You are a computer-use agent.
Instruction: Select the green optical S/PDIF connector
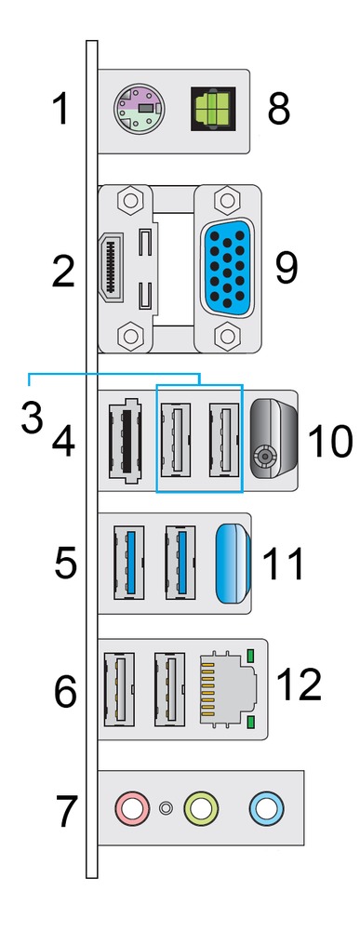point(213,110)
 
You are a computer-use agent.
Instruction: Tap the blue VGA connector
point(227,268)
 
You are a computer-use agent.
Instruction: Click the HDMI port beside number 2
point(112,268)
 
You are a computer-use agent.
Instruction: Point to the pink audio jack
point(133,807)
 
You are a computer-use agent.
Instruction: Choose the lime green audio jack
point(201,807)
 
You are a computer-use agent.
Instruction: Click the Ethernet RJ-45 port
point(228,688)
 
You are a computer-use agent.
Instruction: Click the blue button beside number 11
point(233,564)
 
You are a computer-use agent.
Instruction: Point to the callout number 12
point(299,684)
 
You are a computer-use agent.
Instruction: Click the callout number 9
point(287,268)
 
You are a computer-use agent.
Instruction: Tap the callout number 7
point(67,812)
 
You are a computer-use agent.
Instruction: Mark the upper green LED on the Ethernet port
point(249,656)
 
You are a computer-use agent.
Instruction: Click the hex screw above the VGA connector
point(226,201)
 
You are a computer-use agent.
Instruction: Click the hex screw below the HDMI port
point(127,336)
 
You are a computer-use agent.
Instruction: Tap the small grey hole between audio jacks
point(167,808)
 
